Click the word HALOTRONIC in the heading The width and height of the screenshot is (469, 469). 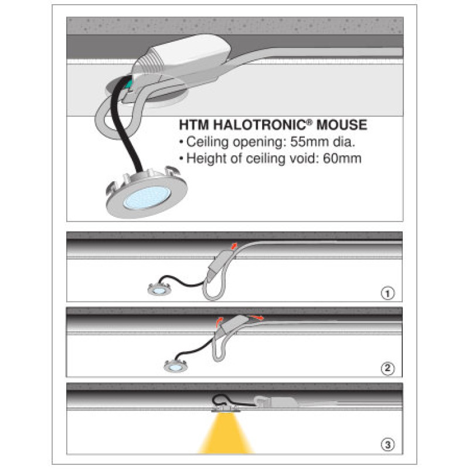click(260, 125)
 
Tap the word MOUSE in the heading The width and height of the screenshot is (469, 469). click(342, 125)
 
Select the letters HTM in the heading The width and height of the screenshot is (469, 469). click(193, 125)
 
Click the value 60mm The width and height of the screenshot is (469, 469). click(342, 158)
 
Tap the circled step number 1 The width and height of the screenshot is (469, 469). click(388, 294)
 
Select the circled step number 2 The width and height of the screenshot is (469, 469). click(388, 368)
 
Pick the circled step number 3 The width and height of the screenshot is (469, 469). click(388, 445)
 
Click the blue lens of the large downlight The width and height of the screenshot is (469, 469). click(147, 198)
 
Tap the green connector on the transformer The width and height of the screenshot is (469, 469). click(129, 84)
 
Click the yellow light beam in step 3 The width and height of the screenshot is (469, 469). click(226, 433)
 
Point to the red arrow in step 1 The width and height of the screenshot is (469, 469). click(234, 246)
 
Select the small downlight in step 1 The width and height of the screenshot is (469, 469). click(159, 289)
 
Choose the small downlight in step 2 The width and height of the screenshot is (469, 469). click(176, 366)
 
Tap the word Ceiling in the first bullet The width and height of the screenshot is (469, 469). click(208, 142)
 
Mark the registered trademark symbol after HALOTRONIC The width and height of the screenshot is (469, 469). click(310, 122)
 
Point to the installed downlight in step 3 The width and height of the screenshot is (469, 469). click(226, 409)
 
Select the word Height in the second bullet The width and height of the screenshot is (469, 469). click(206, 159)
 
